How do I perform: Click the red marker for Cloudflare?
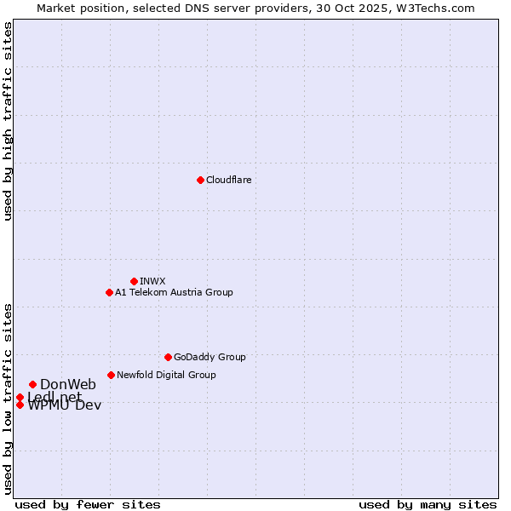coord(200,180)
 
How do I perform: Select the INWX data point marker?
coord(134,281)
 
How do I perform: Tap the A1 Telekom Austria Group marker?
coord(109,292)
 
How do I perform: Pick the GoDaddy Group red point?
coord(168,357)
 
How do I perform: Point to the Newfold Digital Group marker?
coord(111,375)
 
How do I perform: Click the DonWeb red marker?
coord(32,384)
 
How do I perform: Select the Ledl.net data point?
coord(20,397)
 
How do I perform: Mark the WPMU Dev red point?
coord(20,405)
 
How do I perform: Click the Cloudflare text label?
coord(228,180)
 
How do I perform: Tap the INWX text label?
coord(152,281)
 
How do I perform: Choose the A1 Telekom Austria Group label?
coord(174,292)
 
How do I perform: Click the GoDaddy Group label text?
coord(210,357)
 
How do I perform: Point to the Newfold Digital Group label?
coord(166,375)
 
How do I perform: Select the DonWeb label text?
coord(68,384)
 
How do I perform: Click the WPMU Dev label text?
coord(65,405)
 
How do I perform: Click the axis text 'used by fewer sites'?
coord(88,505)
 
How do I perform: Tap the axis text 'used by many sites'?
coord(428,505)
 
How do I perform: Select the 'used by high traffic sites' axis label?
coord(8,121)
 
